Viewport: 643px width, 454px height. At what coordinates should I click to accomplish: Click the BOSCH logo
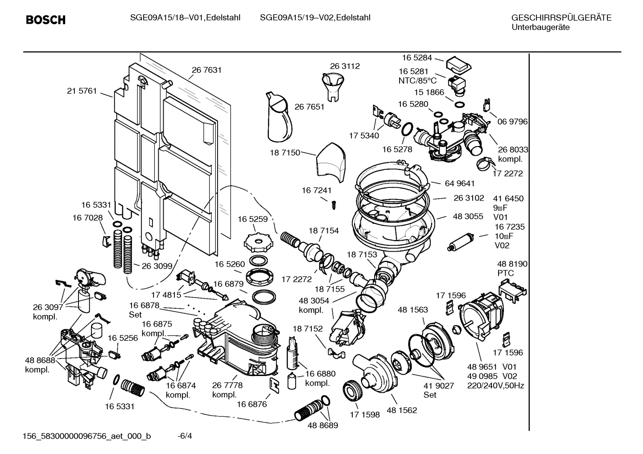(45, 20)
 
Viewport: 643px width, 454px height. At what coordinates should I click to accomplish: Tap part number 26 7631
(206, 70)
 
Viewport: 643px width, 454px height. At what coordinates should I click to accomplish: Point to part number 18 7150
(284, 152)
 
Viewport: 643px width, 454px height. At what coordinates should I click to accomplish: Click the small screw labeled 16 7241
(333, 205)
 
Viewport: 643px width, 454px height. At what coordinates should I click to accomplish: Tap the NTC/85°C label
(417, 81)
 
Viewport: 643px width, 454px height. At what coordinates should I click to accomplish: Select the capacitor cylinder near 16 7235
(458, 242)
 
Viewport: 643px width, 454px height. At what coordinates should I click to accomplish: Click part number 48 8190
(512, 264)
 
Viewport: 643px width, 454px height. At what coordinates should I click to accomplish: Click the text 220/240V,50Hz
(495, 385)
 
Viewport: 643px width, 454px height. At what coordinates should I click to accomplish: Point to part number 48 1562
(402, 410)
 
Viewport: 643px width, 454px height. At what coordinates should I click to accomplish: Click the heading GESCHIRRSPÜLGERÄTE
(561, 18)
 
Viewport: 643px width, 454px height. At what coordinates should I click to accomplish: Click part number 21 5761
(82, 91)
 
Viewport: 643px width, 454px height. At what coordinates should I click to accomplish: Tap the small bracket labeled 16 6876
(274, 384)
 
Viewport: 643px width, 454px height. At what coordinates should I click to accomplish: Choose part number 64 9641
(459, 183)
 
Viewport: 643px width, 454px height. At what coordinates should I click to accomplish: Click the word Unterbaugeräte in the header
(540, 27)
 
